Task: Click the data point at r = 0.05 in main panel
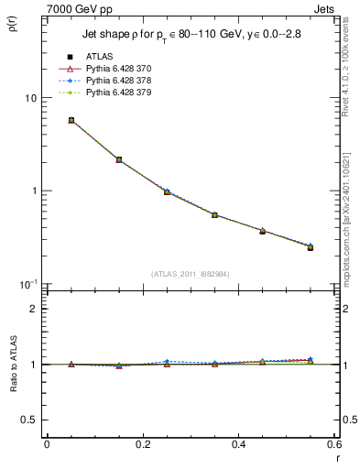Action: point(71,120)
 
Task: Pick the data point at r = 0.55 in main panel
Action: point(311,247)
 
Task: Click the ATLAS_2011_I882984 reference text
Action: point(191,274)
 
